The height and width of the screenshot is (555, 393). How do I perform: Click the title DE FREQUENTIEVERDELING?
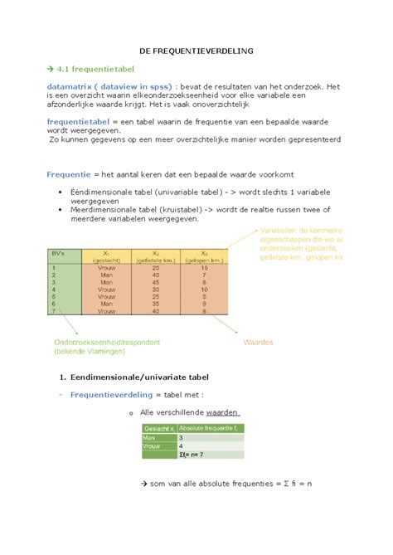(x=196, y=51)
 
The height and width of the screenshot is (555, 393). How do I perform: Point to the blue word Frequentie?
(x=69, y=176)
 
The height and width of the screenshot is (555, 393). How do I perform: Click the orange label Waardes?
(x=259, y=341)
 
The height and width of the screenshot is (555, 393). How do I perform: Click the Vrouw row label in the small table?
(x=152, y=445)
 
